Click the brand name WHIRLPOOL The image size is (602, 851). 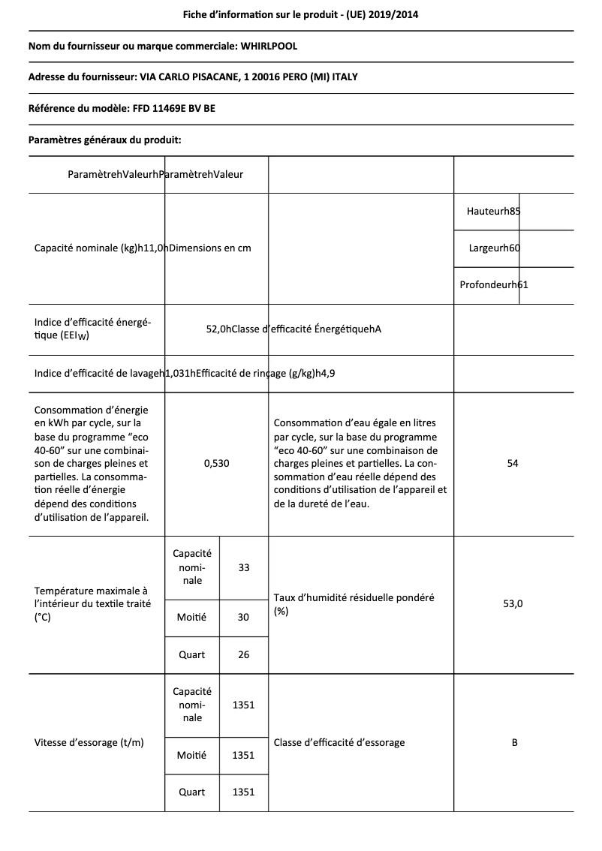pos(269,46)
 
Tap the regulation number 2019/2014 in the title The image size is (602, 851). pos(399,14)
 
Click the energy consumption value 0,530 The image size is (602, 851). pos(216,464)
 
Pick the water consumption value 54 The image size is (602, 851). pos(513,464)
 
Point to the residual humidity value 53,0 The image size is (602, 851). pos(513,604)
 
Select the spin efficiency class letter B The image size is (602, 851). pos(514,742)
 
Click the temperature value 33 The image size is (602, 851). pos(244,567)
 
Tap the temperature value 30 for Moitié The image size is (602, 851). pos(243,617)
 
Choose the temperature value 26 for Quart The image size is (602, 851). pos(243,654)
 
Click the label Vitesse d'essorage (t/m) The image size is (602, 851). pos(89,742)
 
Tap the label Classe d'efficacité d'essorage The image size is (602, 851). pos(339,742)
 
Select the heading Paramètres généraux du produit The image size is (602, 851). pos(104,140)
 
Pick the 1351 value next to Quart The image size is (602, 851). pos(243,792)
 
